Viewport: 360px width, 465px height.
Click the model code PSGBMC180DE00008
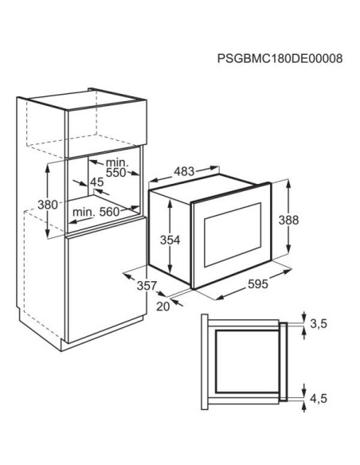[280, 58]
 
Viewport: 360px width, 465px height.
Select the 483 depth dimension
[184, 171]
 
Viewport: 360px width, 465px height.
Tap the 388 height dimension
[288, 220]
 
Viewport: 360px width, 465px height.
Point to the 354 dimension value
[170, 240]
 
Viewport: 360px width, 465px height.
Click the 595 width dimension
[258, 283]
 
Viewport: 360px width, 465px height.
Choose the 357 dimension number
[147, 285]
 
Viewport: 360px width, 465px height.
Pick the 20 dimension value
[162, 307]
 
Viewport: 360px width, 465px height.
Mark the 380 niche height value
[48, 205]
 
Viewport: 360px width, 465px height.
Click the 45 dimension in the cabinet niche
[97, 182]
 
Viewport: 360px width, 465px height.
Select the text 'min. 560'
[96, 212]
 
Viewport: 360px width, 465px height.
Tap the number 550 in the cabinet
[116, 173]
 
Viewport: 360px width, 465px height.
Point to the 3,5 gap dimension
[319, 324]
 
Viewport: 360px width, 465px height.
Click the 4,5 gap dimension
[319, 398]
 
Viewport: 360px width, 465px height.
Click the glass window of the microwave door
[233, 235]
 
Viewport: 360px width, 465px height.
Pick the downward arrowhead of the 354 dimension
[170, 269]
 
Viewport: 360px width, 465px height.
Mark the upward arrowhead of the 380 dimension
[48, 168]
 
